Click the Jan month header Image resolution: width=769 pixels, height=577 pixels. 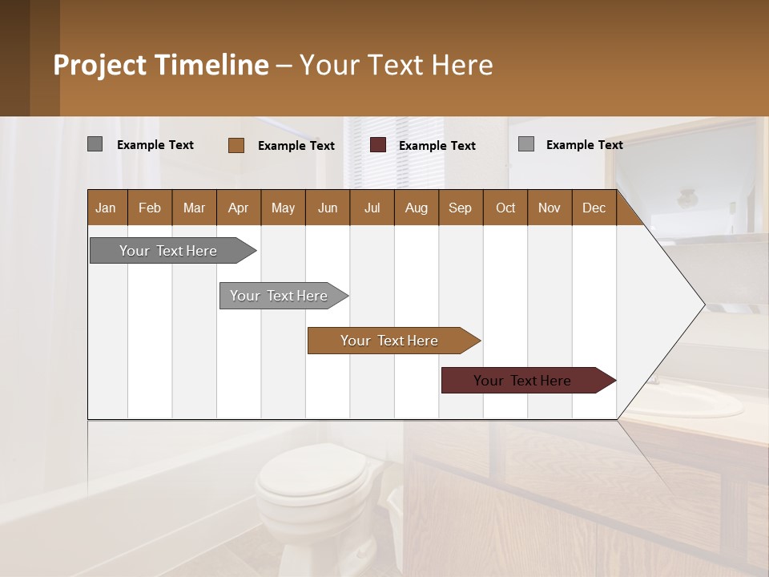click(106, 208)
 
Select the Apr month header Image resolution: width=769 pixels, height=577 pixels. click(238, 208)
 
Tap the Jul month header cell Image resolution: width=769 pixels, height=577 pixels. click(372, 208)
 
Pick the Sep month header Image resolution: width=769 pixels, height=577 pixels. click(460, 208)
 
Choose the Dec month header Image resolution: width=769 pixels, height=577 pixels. click(594, 208)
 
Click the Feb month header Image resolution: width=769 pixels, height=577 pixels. click(150, 208)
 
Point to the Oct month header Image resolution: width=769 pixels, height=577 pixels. click(505, 208)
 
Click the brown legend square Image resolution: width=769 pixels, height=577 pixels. click(236, 145)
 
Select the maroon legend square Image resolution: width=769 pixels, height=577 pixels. click(378, 145)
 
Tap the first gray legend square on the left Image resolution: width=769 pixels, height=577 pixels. click(95, 144)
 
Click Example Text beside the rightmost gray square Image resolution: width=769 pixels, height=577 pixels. click(584, 144)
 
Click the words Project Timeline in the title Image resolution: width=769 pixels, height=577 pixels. click(161, 65)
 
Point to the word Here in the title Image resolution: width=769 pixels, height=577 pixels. click(462, 65)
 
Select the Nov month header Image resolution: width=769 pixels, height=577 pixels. click(549, 208)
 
